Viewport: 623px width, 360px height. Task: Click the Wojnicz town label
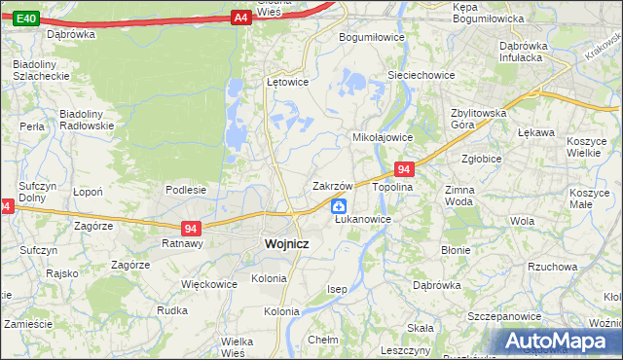[286, 245]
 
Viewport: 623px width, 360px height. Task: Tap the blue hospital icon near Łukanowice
[338, 205]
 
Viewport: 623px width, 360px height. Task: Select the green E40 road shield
[27, 18]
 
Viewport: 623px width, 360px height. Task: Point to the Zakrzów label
[331, 185]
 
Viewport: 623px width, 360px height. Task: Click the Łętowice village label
[287, 82]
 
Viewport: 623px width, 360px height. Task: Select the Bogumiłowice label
[371, 37]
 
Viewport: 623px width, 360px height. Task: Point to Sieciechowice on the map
[421, 73]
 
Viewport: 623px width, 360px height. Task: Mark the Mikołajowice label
[383, 137]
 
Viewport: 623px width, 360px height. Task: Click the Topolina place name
[393, 186]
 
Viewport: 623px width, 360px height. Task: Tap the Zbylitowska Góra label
[479, 119]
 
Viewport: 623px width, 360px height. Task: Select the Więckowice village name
[209, 285]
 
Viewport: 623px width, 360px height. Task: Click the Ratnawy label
[182, 244]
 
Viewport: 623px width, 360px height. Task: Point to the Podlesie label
[185, 190]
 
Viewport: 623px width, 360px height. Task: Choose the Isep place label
[337, 290]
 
